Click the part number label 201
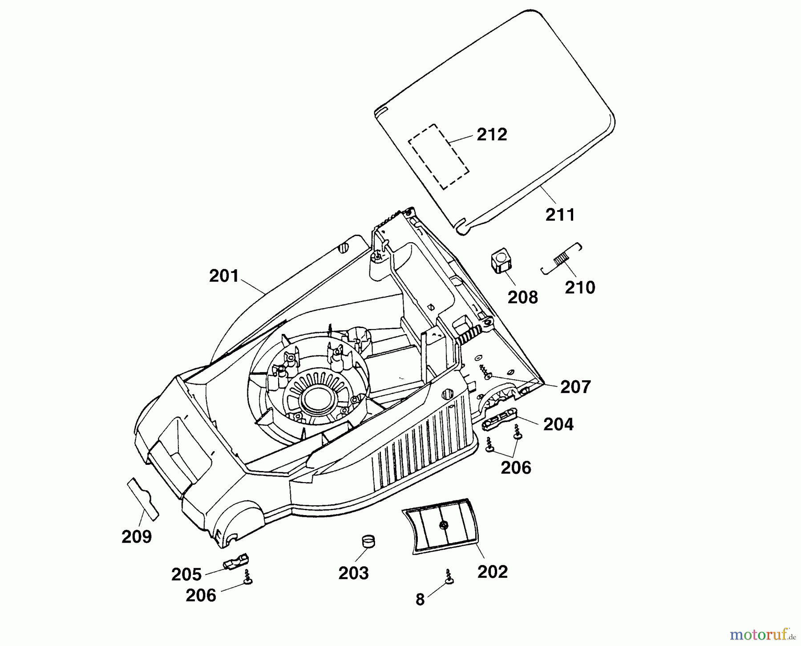tap(224, 276)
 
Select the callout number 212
tap(492, 134)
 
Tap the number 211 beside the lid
tap(560, 215)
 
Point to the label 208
tap(523, 297)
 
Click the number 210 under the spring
tap(580, 288)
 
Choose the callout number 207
tap(575, 387)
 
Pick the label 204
tap(558, 424)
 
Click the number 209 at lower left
tap(137, 537)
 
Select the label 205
tap(186, 575)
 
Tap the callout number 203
tap(354, 573)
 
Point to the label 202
tap(493, 572)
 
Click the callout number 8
tap(420, 600)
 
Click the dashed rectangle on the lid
tap(439, 157)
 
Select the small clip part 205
tap(236, 562)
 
